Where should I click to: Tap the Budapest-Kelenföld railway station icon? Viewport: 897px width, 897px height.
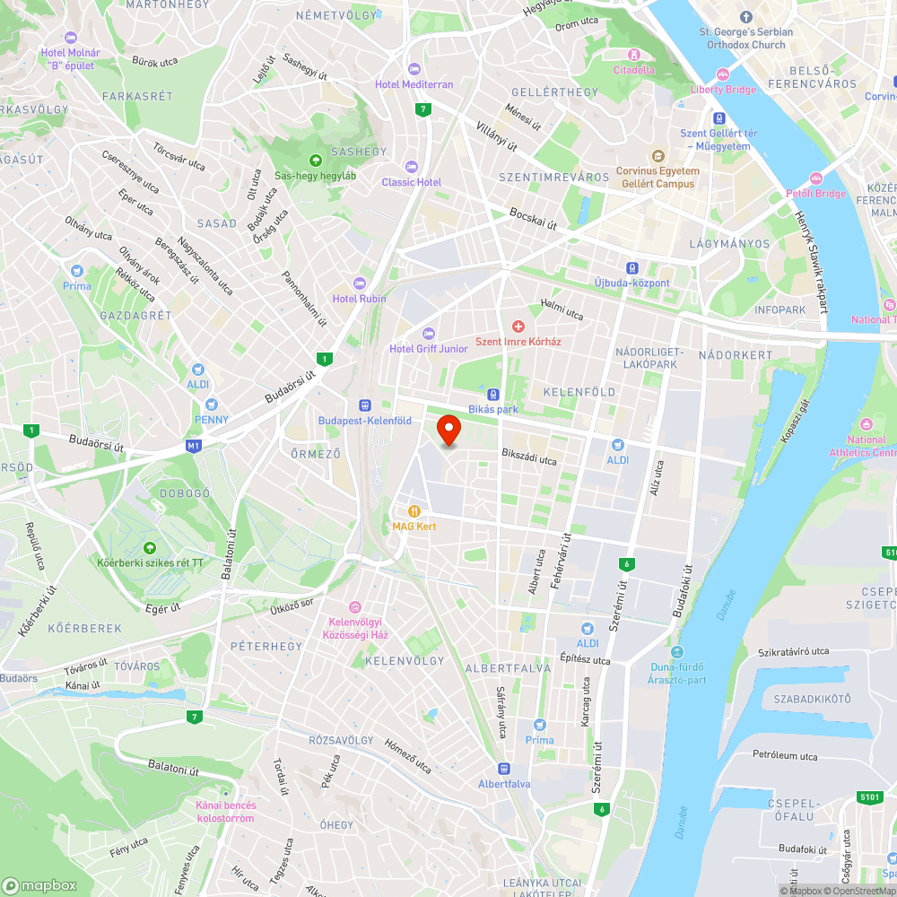[x=365, y=405]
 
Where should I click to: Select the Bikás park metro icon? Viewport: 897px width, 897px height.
[x=492, y=395]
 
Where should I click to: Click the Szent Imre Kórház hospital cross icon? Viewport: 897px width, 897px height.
[x=518, y=327]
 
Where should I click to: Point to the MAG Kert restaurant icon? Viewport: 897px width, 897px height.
[x=414, y=511]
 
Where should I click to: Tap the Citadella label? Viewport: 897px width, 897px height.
[x=634, y=70]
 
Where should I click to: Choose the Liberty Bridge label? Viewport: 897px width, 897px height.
[x=723, y=90]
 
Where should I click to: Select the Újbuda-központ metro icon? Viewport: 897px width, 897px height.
[x=632, y=267]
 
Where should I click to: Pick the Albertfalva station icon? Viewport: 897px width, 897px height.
[x=504, y=769]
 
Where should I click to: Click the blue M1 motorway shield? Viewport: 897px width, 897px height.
[x=194, y=444]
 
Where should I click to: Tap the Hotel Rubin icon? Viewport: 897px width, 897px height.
[x=360, y=283]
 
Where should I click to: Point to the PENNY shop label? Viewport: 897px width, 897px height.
[x=212, y=419]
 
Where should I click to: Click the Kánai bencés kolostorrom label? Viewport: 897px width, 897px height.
[x=225, y=811]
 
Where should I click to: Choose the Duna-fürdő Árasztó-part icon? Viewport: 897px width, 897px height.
[x=676, y=652]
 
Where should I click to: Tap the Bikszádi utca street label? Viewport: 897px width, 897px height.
[x=529, y=457]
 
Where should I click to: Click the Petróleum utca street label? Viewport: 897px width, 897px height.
[x=785, y=756]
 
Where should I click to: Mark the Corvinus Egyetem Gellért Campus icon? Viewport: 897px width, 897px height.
[x=658, y=156]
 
